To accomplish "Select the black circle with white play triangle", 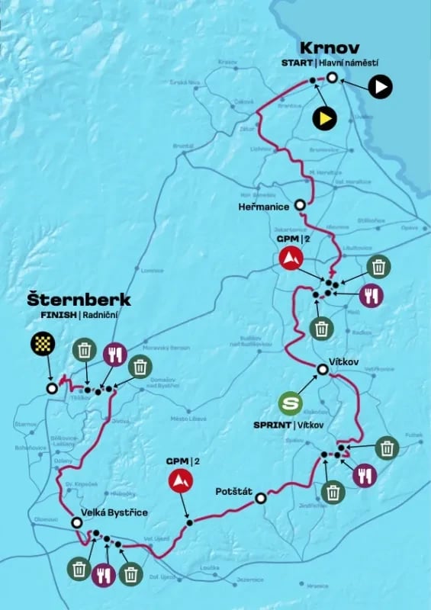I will pyautogui.click(x=380, y=87).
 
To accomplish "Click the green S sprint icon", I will pyautogui.click(x=290, y=403).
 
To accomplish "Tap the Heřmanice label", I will pyautogui.click(x=265, y=205).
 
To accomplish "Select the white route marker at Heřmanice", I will pyautogui.click(x=301, y=204).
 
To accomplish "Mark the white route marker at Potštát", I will pyautogui.click(x=261, y=498).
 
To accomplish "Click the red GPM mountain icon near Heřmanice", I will pyautogui.click(x=290, y=258).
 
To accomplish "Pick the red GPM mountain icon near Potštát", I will pyautogui.click(x=180, y=480).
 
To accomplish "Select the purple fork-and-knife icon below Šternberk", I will pyautogui.click(x=115, y=353).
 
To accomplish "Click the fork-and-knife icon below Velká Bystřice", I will pyautogui.click(x=104, y=573).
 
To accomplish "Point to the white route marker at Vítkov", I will pyautogui.click(x=323, y=370).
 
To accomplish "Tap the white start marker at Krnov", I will pyautogui.click(x=333, y=77).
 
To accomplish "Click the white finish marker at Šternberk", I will pyautogui.click(x=52, y=388).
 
